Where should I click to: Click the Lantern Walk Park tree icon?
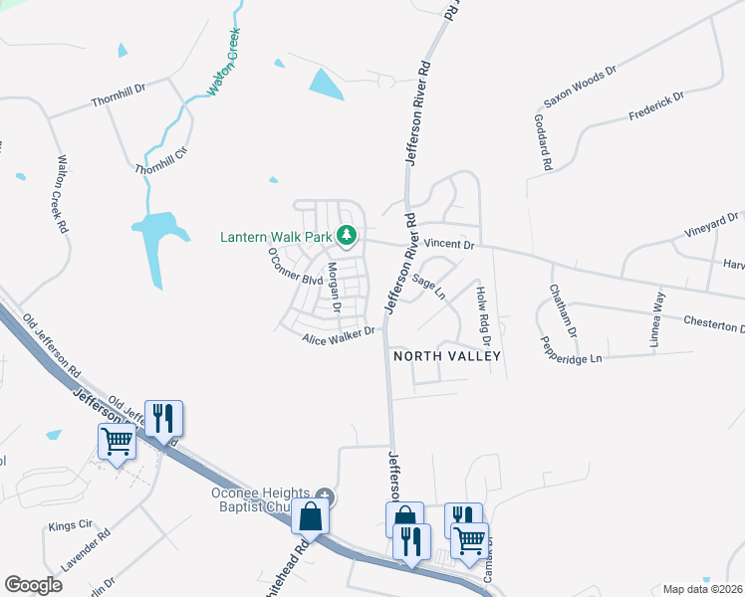347,236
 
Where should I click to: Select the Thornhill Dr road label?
119,101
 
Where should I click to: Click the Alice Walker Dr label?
339,335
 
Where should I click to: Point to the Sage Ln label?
428,287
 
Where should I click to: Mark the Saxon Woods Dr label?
580,88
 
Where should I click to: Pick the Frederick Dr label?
656,106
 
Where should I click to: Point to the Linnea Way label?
656,317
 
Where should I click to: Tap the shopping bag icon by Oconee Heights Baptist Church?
312,517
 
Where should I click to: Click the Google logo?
33,585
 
